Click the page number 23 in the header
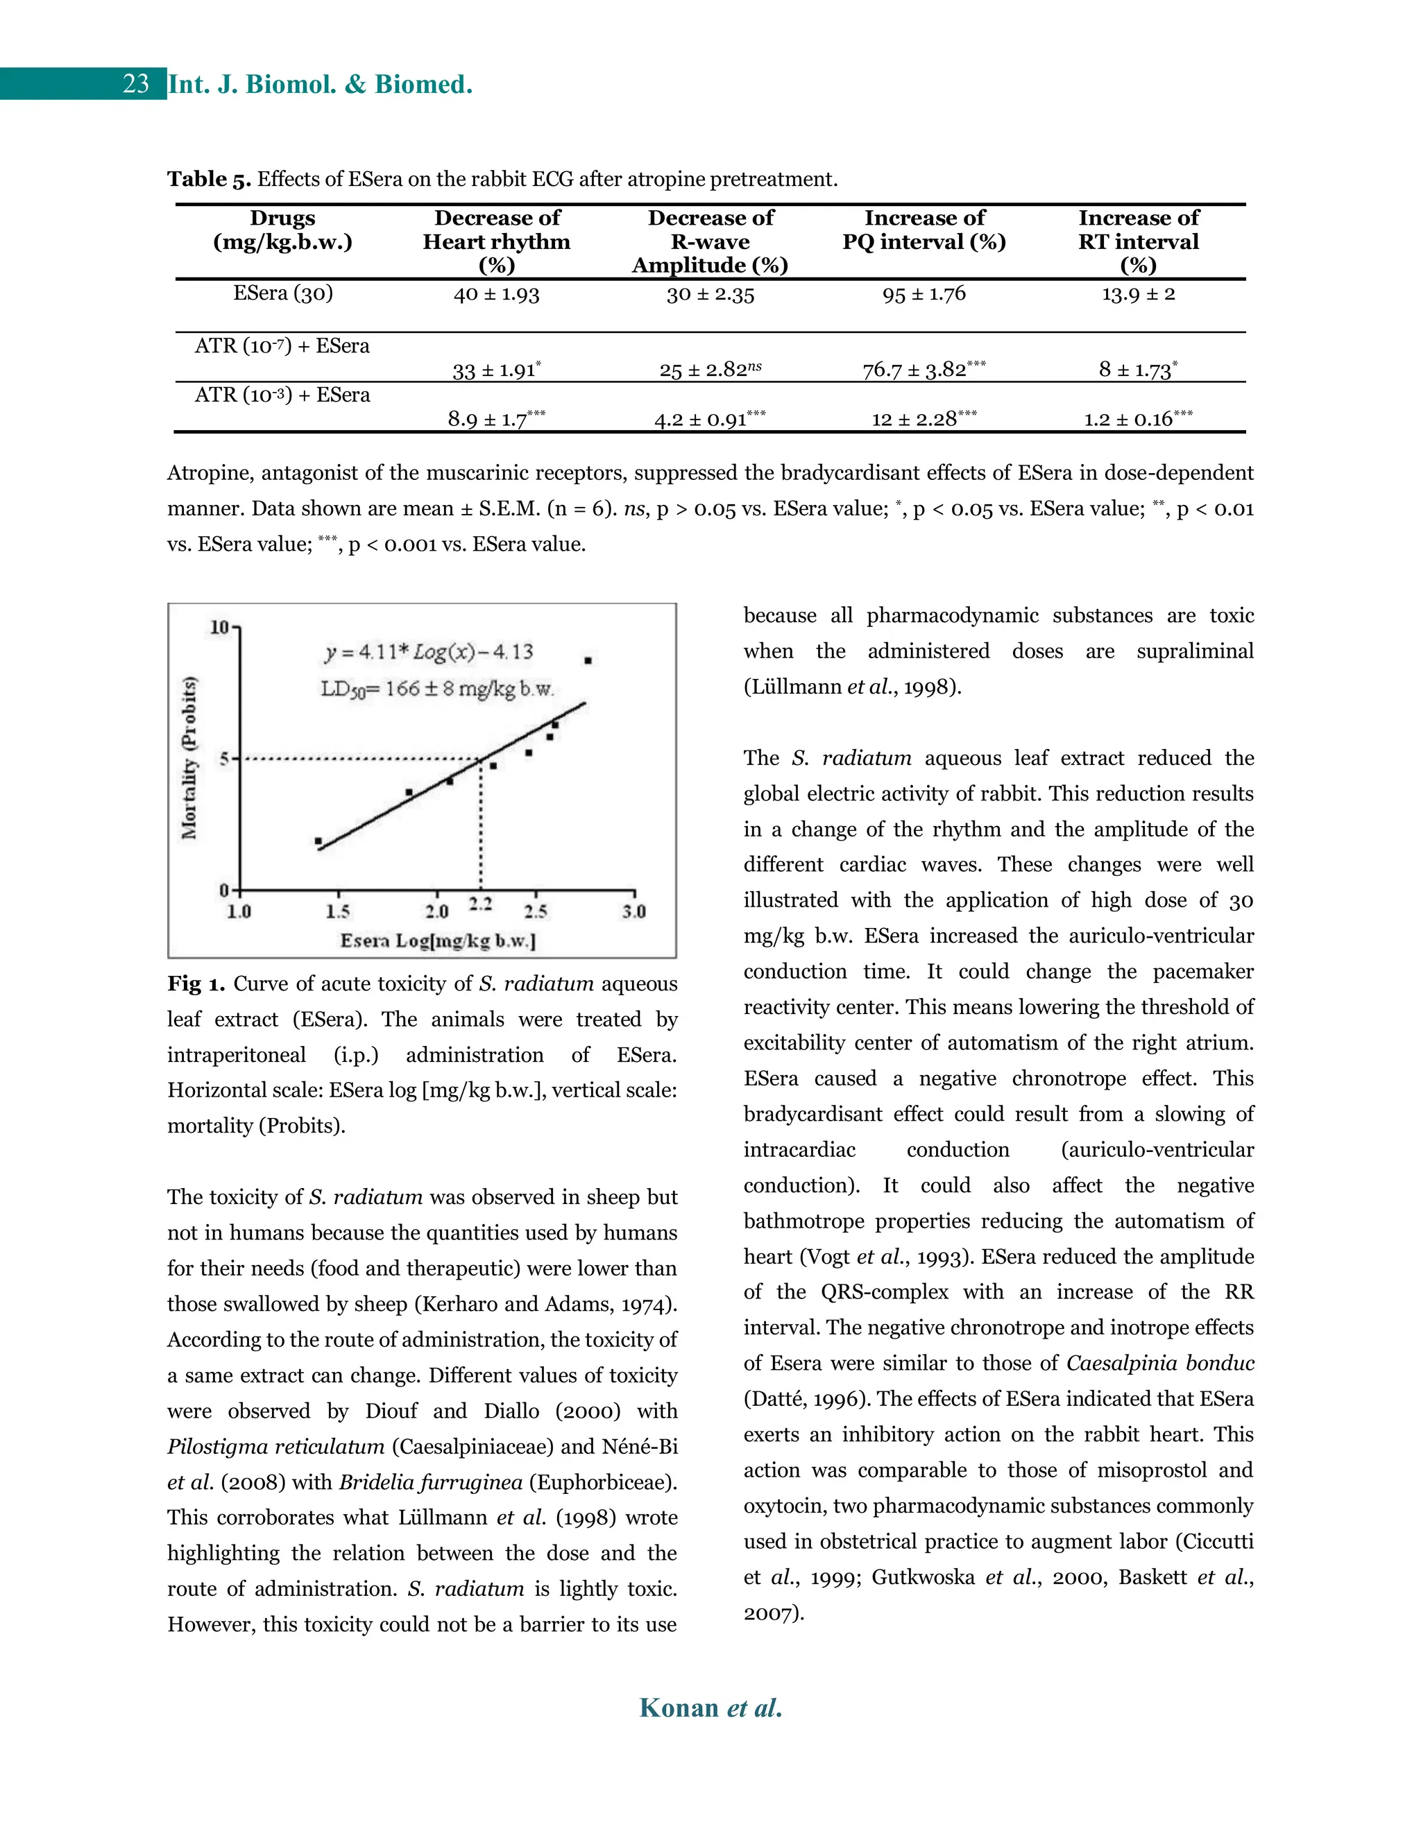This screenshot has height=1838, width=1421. coord(135,84)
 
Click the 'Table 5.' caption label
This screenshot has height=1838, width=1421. coord(209,179)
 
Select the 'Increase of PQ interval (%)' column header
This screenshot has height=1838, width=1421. coord(924,230)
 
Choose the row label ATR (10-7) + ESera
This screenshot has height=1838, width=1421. coord(282,346)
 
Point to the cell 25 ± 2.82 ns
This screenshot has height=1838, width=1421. coord(710,370)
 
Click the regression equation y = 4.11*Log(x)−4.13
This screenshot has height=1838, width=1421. coord(429,652)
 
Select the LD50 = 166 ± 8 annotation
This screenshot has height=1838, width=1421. coord(437,689)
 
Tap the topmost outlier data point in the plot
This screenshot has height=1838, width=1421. coord(588,660)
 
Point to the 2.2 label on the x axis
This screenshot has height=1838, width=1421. coord(481,904)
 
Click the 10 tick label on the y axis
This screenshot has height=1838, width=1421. coord(219,627)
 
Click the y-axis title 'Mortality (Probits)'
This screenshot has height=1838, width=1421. coord(190,757)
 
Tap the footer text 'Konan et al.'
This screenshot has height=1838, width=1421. coord(710,1708)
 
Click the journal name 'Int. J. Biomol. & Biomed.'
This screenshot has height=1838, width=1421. coord(320,84)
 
